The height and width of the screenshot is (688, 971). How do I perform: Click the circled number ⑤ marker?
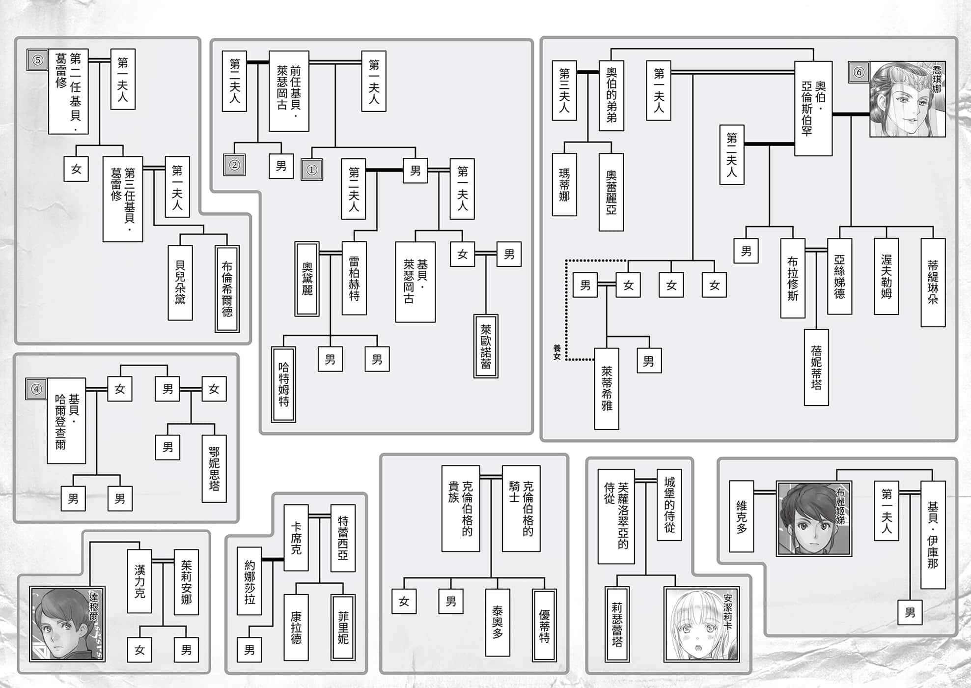pyautogui.click(x=37, y=60)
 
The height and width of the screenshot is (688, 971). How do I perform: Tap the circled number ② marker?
pyautogui.click(x=234, y=165)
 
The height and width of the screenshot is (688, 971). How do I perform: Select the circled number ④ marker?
pyautogui.click(x=36, y=389)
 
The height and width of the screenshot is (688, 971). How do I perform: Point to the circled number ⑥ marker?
pyautogui.click(x=859, y=72)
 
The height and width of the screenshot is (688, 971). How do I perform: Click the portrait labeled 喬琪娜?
pyautogui.click(x=907, y=99)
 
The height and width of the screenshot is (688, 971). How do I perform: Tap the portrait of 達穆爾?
pyautogui.click(x=67, y=624)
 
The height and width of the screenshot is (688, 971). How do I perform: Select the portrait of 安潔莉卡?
pyautogui.click(x=701, y=624)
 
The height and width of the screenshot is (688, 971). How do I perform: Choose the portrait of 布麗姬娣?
pyautogui.click(x=814, y=518)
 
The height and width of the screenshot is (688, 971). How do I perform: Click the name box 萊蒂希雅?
pyautogui.click(x=607, y=389)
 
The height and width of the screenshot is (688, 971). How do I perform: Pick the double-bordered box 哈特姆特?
pyautogui.click(x=283, y=384)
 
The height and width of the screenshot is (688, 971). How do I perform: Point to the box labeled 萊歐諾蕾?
pyautogui.click(x=486, y=346)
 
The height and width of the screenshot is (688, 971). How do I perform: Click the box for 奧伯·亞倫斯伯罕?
pyautogui.click(x=813, y=109)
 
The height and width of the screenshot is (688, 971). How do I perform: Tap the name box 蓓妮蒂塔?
pyautogui.click(x=816, y=367)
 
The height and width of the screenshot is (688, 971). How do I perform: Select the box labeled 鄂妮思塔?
pyautogui.click(x=214, y=468)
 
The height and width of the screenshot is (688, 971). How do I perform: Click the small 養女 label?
pyautogui.click(x=556, y=352)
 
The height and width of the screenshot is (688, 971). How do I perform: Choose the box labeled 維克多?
pyautogui.click(x=741, y=516)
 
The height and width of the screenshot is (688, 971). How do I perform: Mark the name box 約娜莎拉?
pyautogui.click(x=250, y=581)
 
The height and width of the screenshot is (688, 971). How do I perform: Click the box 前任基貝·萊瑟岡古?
pyautogui.click(x=289, y=91)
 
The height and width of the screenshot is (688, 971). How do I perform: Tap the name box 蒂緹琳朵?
pyautogui.click(x=933, y=283)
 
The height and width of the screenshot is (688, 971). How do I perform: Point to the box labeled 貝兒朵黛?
pyautogui.click(x=180, y=283)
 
